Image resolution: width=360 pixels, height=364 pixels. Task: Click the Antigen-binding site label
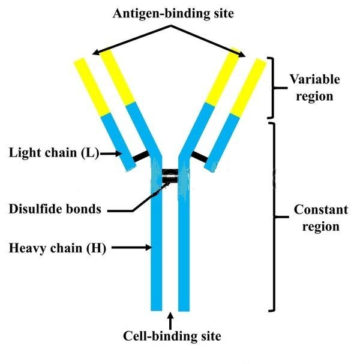coord(173,13)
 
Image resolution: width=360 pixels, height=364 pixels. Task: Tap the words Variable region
coord(314,88)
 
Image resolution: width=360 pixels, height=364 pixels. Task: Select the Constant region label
coord(320,218)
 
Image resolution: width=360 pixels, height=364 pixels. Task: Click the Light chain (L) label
coord(52,153)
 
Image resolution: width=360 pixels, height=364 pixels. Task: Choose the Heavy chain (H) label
coord(57,247)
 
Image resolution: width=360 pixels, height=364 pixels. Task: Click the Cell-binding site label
coord(172,336)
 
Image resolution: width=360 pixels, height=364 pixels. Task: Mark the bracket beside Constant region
coord(273,217)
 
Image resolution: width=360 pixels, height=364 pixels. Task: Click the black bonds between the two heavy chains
coord(171,176)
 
